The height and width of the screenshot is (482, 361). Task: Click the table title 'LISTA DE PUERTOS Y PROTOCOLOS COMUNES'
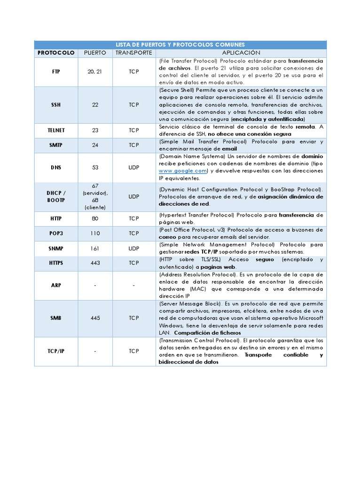pos(180,45)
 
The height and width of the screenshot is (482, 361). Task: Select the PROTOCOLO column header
pos(56,53)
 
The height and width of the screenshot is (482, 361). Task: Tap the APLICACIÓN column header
pos(241,53)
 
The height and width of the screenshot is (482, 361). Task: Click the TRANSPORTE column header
pos(134,53)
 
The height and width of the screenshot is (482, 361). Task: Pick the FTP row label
pos(56,72)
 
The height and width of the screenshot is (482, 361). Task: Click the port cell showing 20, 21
pos(95,72)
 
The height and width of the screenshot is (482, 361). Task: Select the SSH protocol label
pos(56,104)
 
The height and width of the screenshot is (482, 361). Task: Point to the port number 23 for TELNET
pos(95,130)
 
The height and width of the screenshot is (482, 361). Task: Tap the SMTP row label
pos(56,145)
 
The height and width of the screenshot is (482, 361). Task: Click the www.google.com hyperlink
pos(182,171)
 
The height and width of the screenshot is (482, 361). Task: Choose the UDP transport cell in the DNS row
pos(134,167)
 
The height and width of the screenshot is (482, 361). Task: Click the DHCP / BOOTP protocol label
pos(56,197)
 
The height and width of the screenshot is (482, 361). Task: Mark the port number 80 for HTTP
pos(95,219)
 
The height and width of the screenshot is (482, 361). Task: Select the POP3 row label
pos(56,233)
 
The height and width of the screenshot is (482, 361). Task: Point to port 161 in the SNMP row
pos(95,248)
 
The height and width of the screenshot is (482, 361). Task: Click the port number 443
pos(95,263)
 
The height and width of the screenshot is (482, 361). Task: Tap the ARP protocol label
pos(56,285)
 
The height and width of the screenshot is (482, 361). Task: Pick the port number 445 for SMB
pos(95,318)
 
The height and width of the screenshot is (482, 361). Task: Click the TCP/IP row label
pos(56,351)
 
